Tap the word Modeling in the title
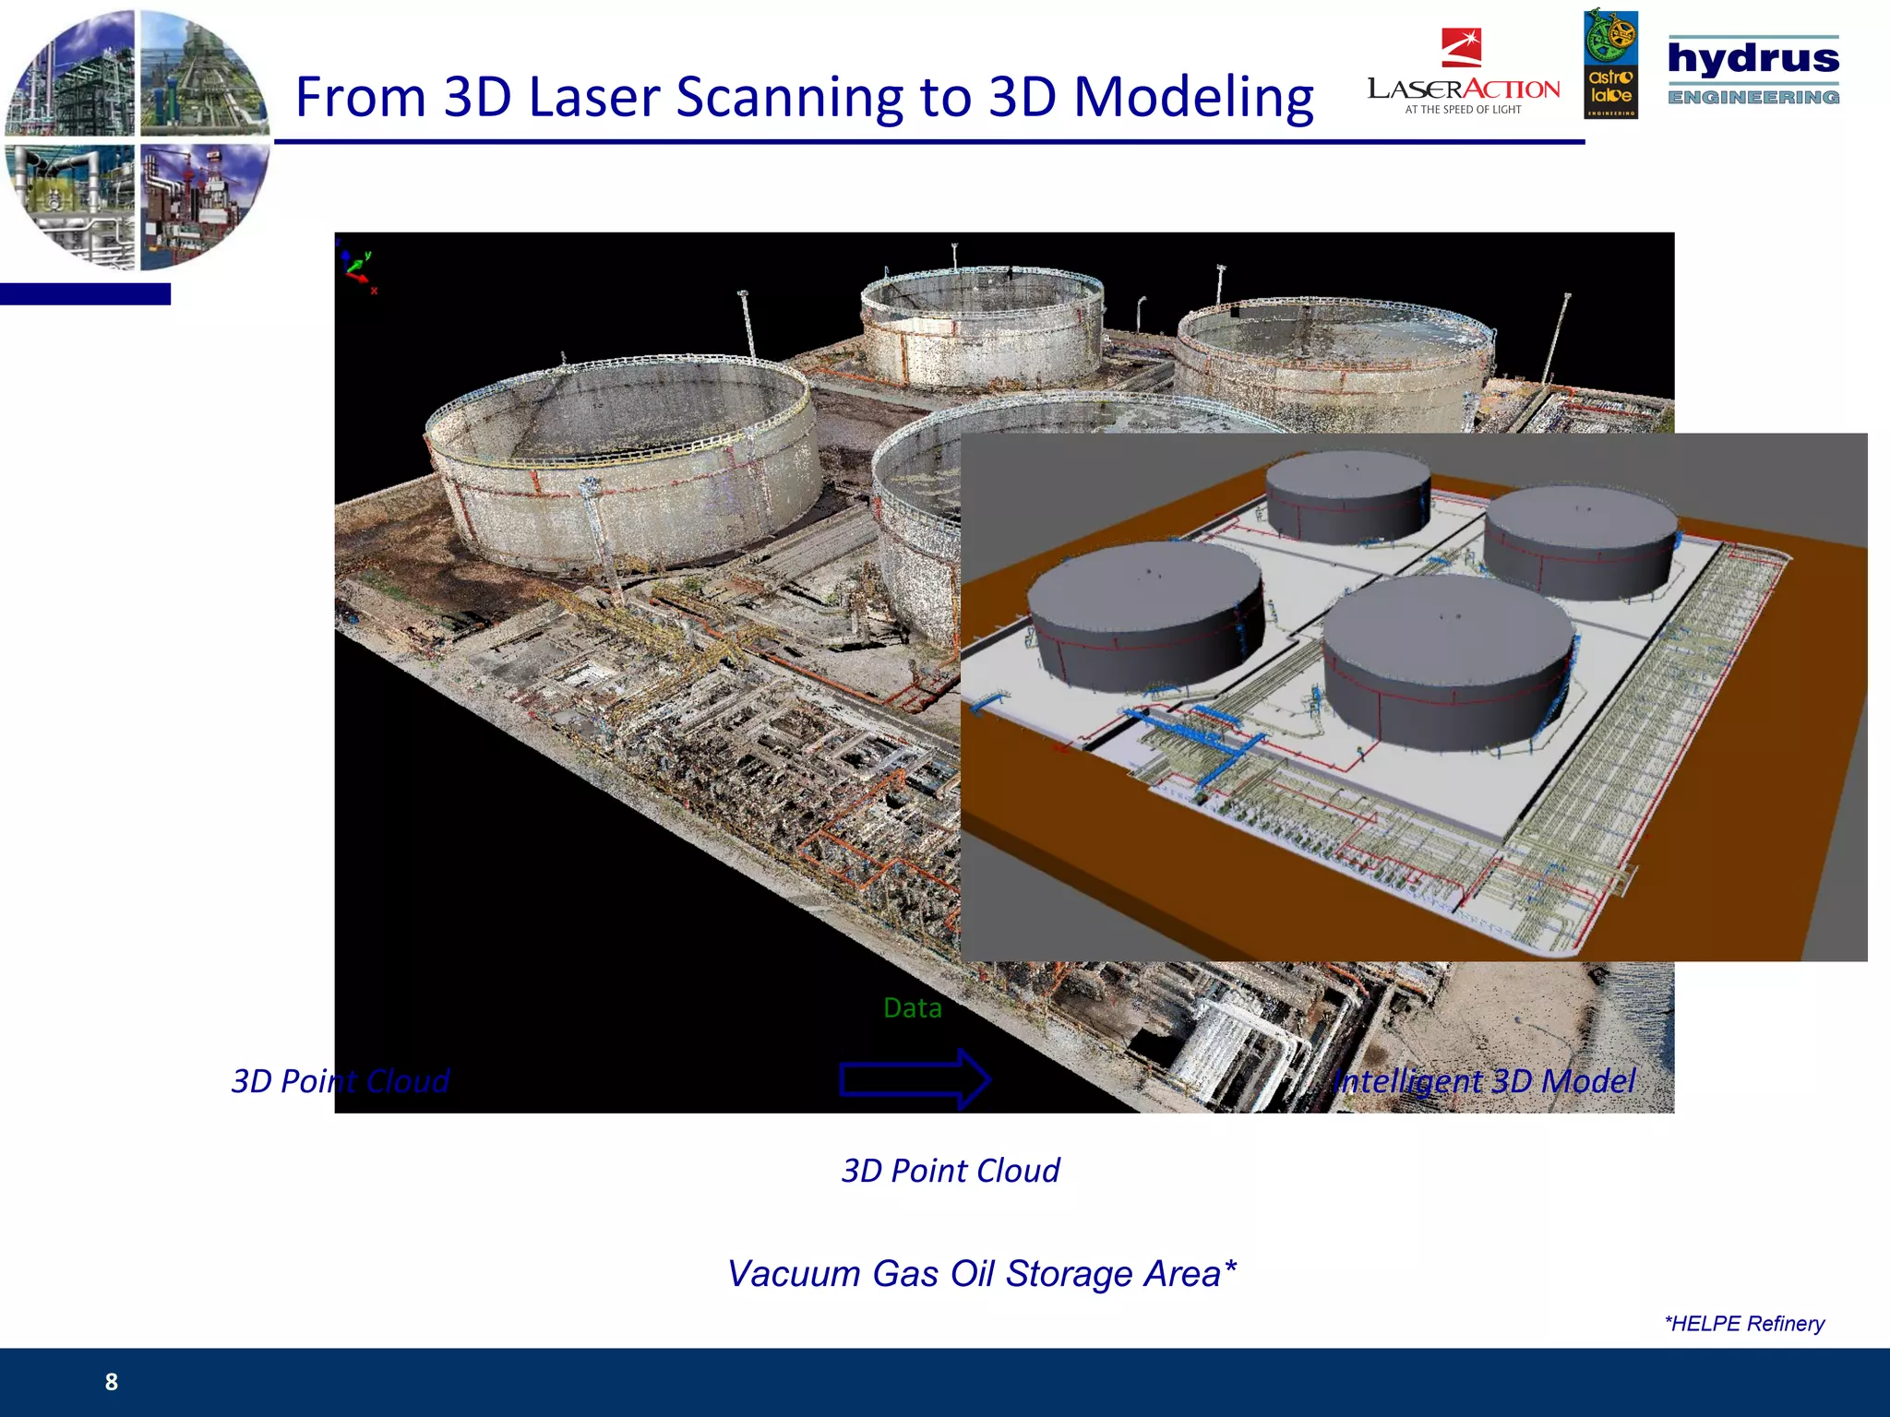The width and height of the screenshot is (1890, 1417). pyautogui.click(x=1192, y=98)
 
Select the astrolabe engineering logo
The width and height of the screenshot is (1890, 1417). pyautogui.click(x=1610, y=65)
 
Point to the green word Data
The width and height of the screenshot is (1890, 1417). pyautogui.click(x=912, y=1008)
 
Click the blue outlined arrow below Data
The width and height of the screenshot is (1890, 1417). pyautogui.click(x=914, y=1078)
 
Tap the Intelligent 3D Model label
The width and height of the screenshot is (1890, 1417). pyautogui.click(x=1484, y=1081)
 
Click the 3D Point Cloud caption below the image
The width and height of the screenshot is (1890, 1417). pyautogui.click(x=951, y=1171)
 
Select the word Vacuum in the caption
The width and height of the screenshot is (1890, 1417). pyautogui.click(x=794, y=1274)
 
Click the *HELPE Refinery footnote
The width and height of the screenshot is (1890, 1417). pyautogui.click(x=1744, y=1324)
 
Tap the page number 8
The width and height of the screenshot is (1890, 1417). pyautogui.click(x=112, y=1382)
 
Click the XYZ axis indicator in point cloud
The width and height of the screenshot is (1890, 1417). pyautogui.click(x=357, y=268)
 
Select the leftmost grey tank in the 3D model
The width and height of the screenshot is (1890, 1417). pyautogui.click(x=1144, y=613)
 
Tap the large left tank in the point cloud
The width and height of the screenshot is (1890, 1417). pyautogui.click(x=623, y=461)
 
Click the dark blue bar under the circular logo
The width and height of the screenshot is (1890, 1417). pyautogui.click(x=85, y=294)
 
